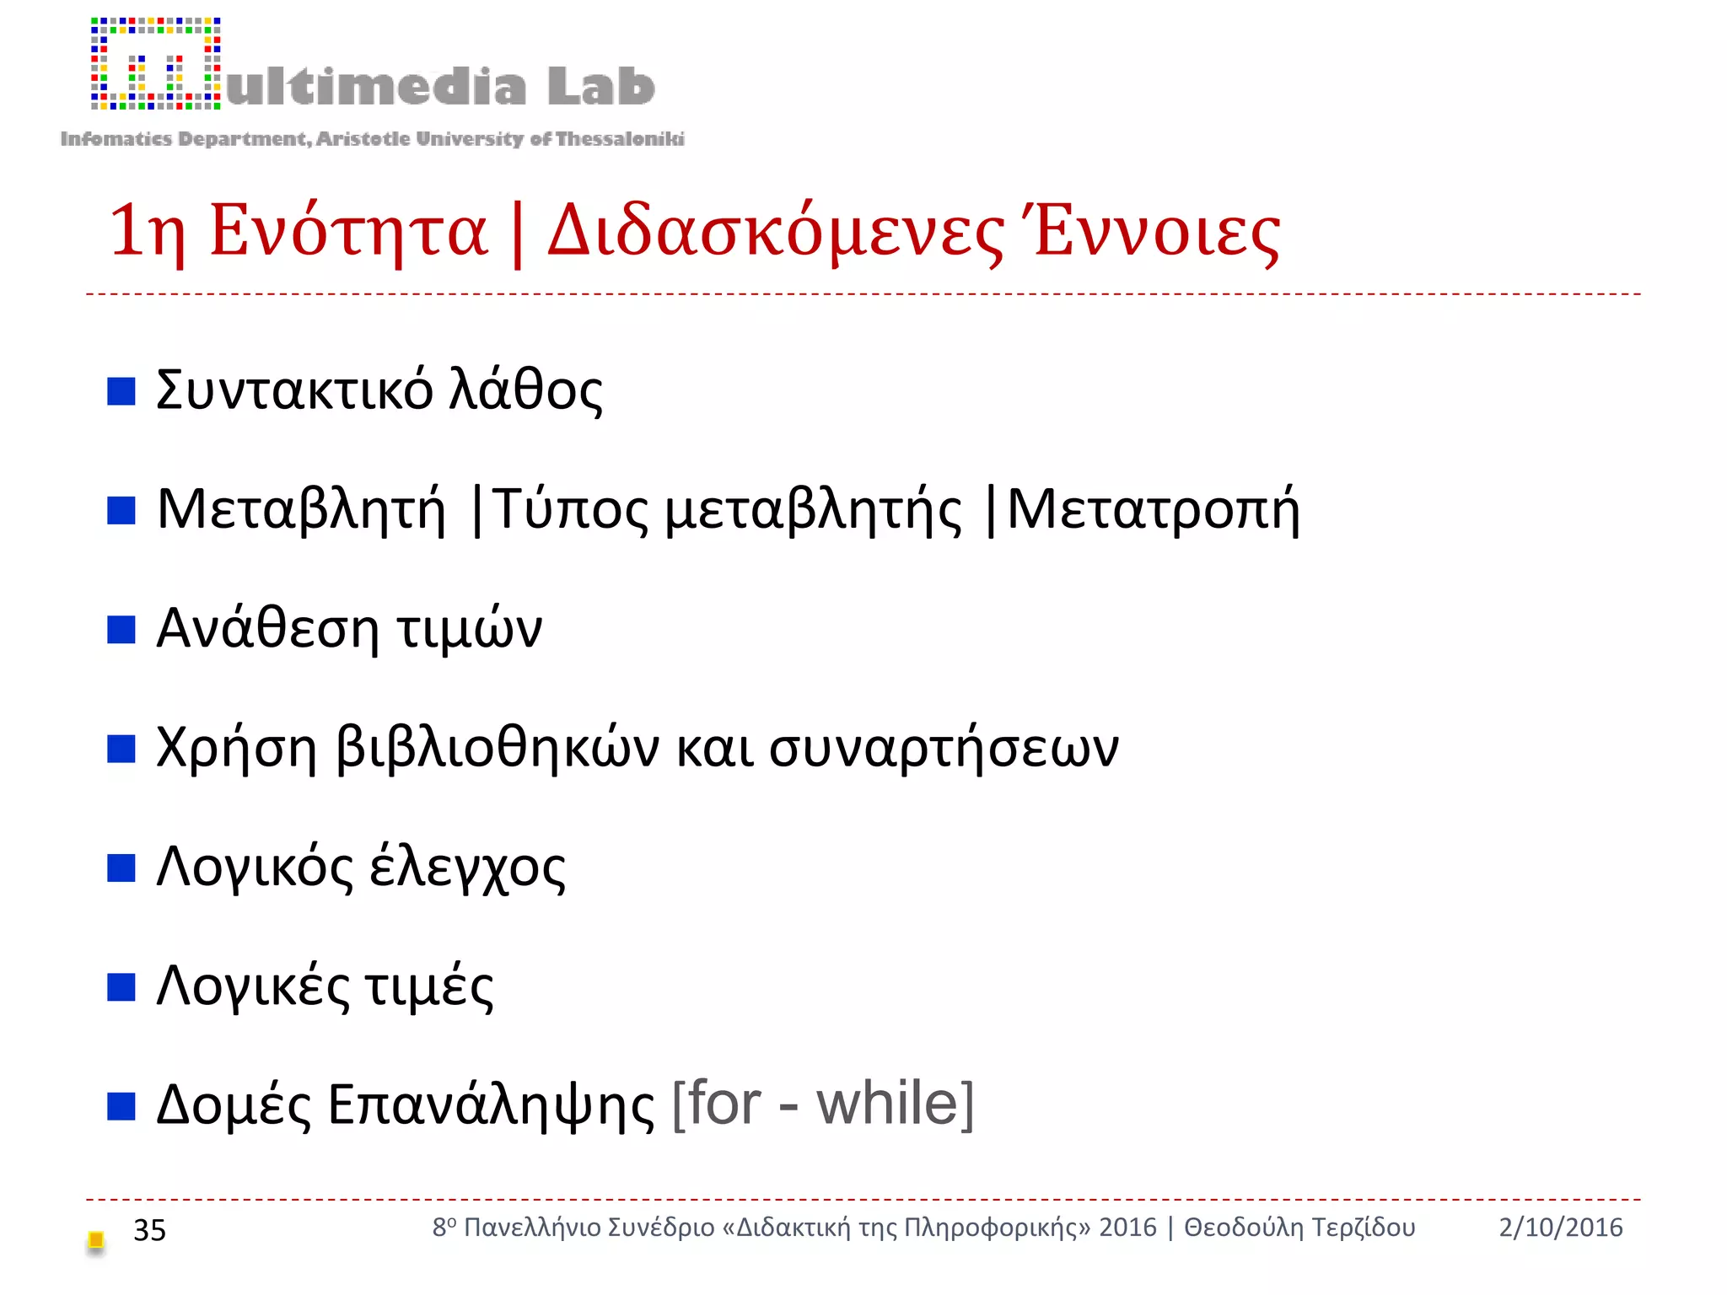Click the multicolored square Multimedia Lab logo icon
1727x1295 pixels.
(x=156, y=64)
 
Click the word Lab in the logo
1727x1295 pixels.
(x=600, y=86)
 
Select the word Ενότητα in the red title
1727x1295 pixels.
(x=348, y=230)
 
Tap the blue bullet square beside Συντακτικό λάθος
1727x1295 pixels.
(x=121, y=391)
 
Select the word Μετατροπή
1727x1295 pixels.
(x=1154, y=510)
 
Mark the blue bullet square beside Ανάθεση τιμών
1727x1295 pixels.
(x=121, y=629)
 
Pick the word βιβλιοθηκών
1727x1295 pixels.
(x=498, y=748)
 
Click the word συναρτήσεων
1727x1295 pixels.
(x=944, y=748)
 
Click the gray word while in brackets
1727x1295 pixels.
(x=887, y=1104)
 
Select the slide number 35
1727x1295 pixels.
(x=150, y=1231)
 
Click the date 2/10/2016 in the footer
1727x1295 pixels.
(x=1560, y=1228)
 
